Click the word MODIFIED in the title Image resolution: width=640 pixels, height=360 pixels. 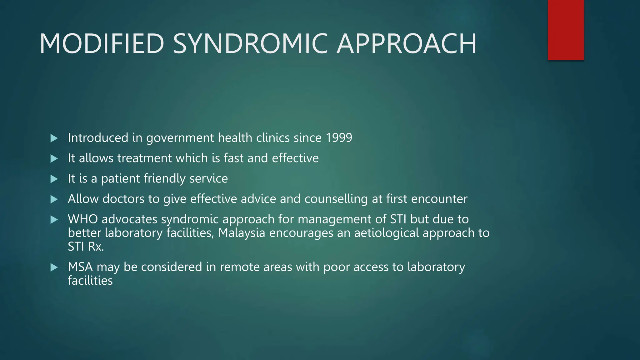click(x=102, y=44)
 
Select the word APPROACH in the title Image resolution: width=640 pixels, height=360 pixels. click(x=406, y=44)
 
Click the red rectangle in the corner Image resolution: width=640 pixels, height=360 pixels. click(x=566, y=30)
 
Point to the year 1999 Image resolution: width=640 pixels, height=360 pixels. click(x=339, y=138)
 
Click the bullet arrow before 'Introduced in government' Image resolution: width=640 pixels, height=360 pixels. click(x=54, y=138)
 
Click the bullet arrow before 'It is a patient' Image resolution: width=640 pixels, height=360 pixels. click(x=54, y=179)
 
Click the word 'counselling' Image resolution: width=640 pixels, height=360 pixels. click(x=336, y=199)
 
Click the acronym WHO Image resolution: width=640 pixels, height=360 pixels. click(x=82, y=219)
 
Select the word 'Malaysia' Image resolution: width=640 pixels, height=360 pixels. click(x=242, y=233)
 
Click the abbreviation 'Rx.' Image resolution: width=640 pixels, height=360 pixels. click(x=96, y=247)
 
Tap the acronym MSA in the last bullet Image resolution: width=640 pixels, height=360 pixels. click(x=80, y=267)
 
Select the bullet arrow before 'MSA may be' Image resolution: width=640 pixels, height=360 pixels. click(x=54, y=267)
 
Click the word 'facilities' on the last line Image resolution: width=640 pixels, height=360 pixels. click(x=90, y=281)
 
